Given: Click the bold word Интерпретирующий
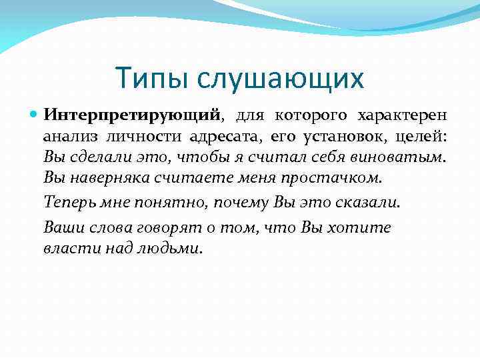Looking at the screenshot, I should coord(132,115).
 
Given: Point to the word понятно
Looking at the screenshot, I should coord(159,202).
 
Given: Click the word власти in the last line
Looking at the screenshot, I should coord(66,248).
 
